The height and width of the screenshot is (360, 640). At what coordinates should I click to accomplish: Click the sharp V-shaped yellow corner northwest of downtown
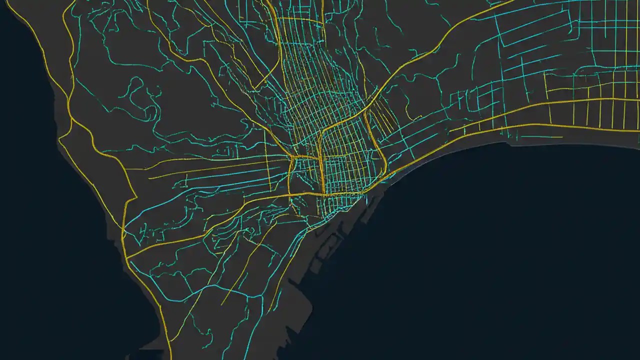click(x=254, y=89)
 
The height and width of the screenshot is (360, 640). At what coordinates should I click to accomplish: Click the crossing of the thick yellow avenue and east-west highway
click(x=323, y=193)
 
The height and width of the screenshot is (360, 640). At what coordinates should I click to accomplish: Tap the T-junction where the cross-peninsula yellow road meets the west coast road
click(x=127, y=258)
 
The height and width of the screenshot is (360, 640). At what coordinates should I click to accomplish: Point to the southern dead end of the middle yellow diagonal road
click(x=222, y=304)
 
